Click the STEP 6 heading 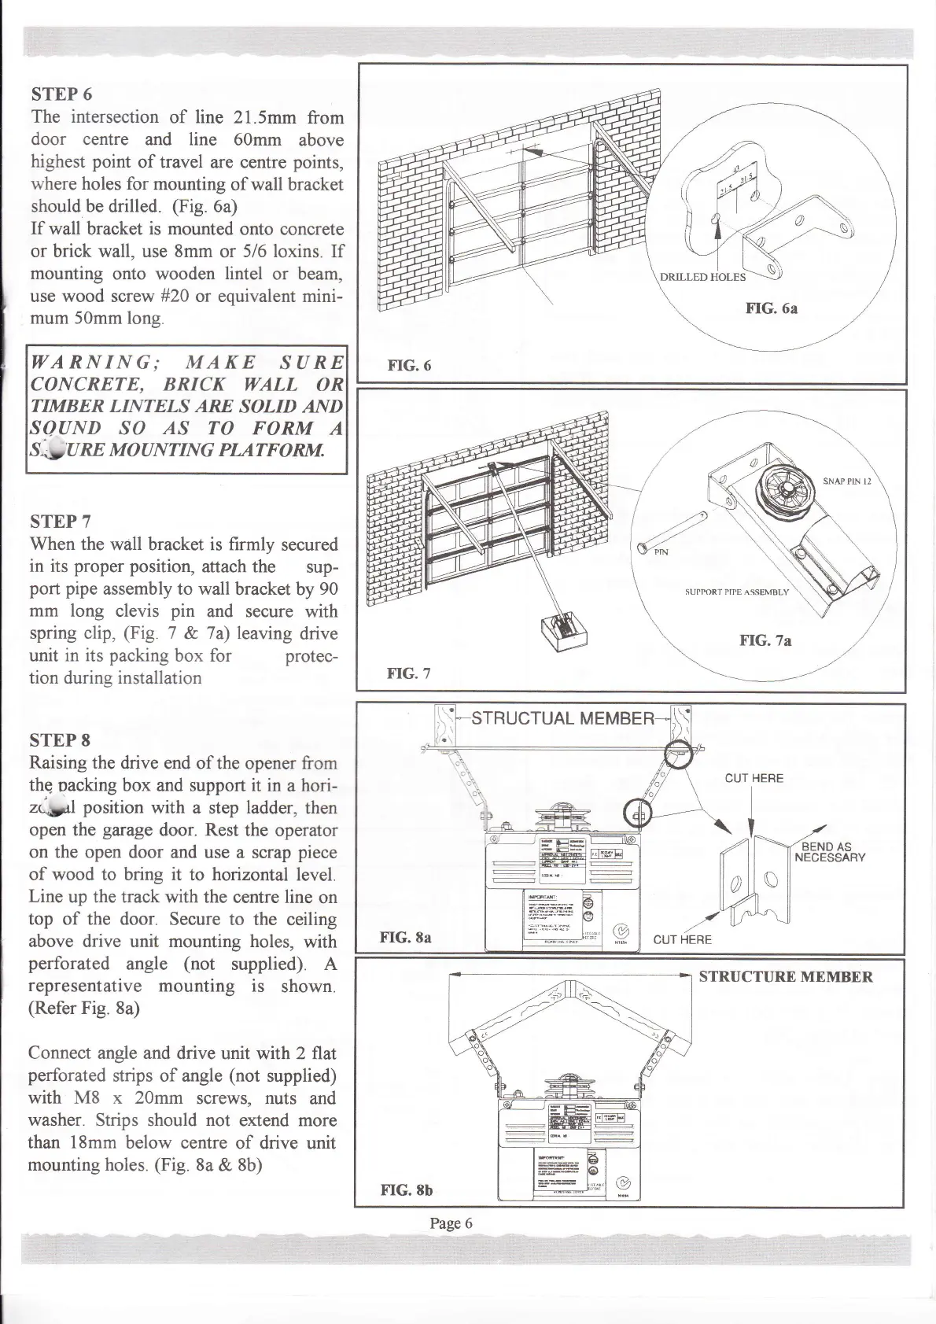click(x=61, y=94)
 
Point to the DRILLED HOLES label click(x=702, y=277)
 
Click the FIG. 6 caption click(x=409, y=366)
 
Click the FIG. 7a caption click(x=765, y=641)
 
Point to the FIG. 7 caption click(x=409, y=673)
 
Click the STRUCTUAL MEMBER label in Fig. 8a click(x=562, y=718)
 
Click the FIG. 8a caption click(x=405, y=938)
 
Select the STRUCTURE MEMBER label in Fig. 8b click(x=786, y=978)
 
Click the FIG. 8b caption click(x=406, y=1190)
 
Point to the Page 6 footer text click(x=451, y=1223)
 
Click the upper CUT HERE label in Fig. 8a click(x=754, y=779)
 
